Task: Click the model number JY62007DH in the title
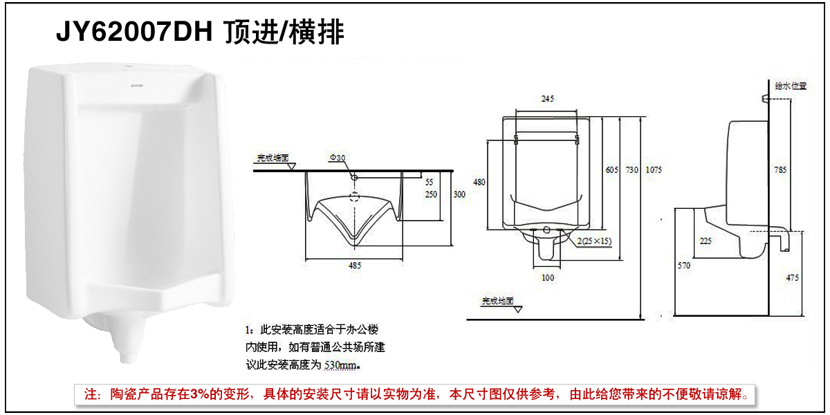[x=134, y=32]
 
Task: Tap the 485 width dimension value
[x=355, y=266]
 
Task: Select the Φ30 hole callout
[x=338, y=158]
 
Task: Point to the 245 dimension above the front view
[x=548, y=99]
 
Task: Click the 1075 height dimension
[x=654, y=170]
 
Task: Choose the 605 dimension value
[x=611, y=170]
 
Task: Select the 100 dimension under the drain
[x=548, y=277]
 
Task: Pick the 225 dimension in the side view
[x=705, y=241]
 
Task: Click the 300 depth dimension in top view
[x=460, y=195]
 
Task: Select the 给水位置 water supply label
[x=791, y=86]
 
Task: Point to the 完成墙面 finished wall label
[x=273, y=158]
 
